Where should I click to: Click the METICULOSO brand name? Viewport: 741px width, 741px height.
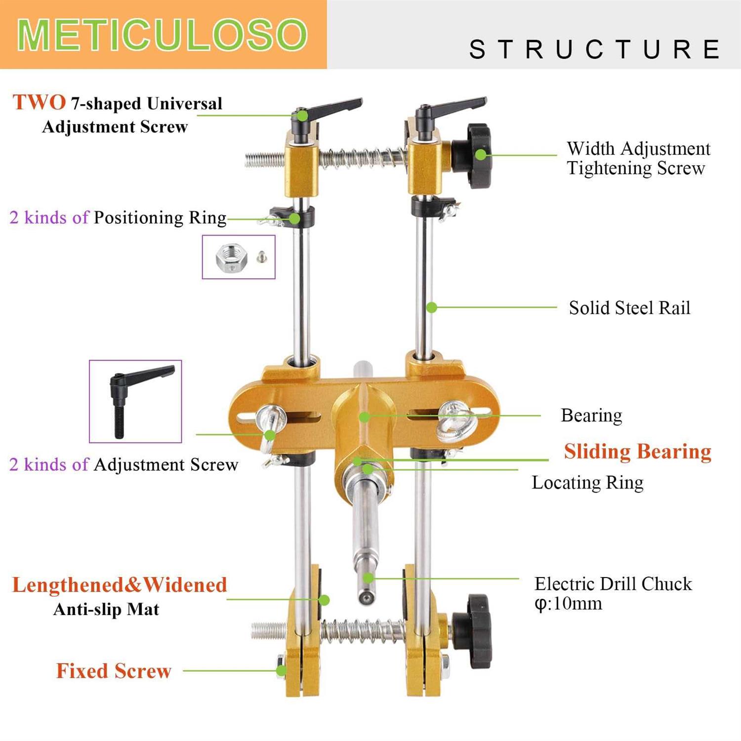[163, 35]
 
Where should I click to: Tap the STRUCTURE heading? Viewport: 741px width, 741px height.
[595, 49]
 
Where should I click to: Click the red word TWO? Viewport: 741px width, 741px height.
[39, 103]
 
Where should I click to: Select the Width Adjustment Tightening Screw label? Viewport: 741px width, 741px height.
[638, 158]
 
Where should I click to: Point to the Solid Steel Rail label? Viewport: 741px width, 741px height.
[629, 308]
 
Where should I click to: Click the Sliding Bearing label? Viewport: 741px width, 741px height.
[637, 452]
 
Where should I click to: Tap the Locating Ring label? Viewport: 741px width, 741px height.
[587, 483]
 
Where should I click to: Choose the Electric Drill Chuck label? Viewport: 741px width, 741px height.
[613, 584]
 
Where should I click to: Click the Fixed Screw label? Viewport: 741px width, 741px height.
[114, 671]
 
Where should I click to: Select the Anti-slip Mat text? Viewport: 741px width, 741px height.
[106, 610]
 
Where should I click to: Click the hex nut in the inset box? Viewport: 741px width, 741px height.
[231, 257]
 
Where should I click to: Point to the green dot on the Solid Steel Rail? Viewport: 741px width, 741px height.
[431, 308]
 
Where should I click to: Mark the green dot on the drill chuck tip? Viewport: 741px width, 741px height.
[368, 578]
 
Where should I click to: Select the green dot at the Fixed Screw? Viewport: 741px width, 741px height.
[281, 670]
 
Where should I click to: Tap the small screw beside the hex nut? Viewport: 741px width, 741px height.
[262, 256]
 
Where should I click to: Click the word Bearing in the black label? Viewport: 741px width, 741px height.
[591, 415]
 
